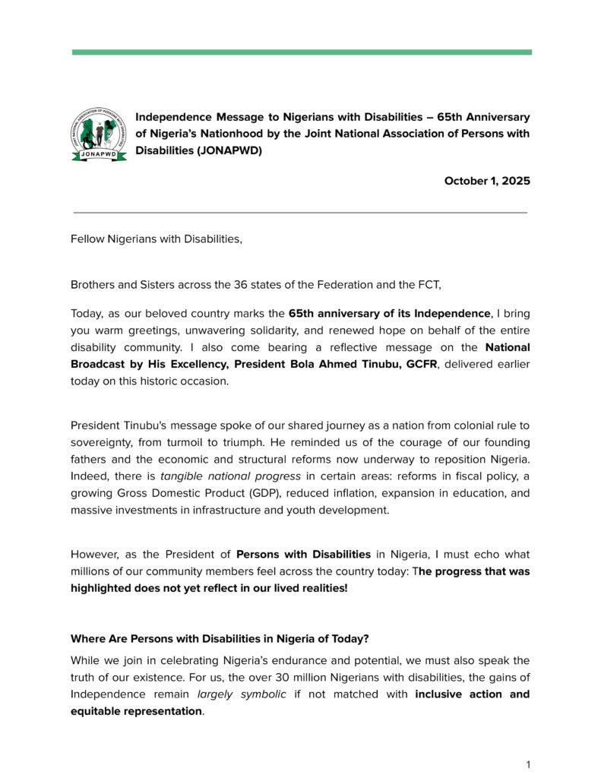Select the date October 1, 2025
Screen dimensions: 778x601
[487, 181]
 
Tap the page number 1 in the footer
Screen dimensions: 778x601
[528, 764]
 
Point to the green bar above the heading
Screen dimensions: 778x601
[302, 52]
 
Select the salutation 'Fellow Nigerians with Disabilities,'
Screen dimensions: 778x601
[157, 239]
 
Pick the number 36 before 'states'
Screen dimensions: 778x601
[235, 285]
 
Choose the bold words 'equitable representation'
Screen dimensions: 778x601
[137, 711]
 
